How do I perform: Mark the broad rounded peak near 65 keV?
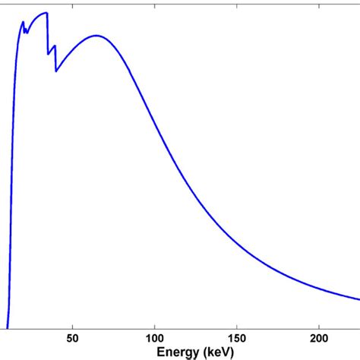(x=96, y=36)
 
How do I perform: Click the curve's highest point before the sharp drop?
(x=46, y=13)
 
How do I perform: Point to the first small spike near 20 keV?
(x=23, y=22)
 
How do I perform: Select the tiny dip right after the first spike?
(x=26, y=33)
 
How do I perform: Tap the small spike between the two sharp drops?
(x=53, y=48)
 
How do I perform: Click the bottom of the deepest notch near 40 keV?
(x=55, y=71)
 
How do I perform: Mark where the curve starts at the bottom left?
(x=8, y=327)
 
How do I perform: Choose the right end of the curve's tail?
(x=359, y=297)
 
